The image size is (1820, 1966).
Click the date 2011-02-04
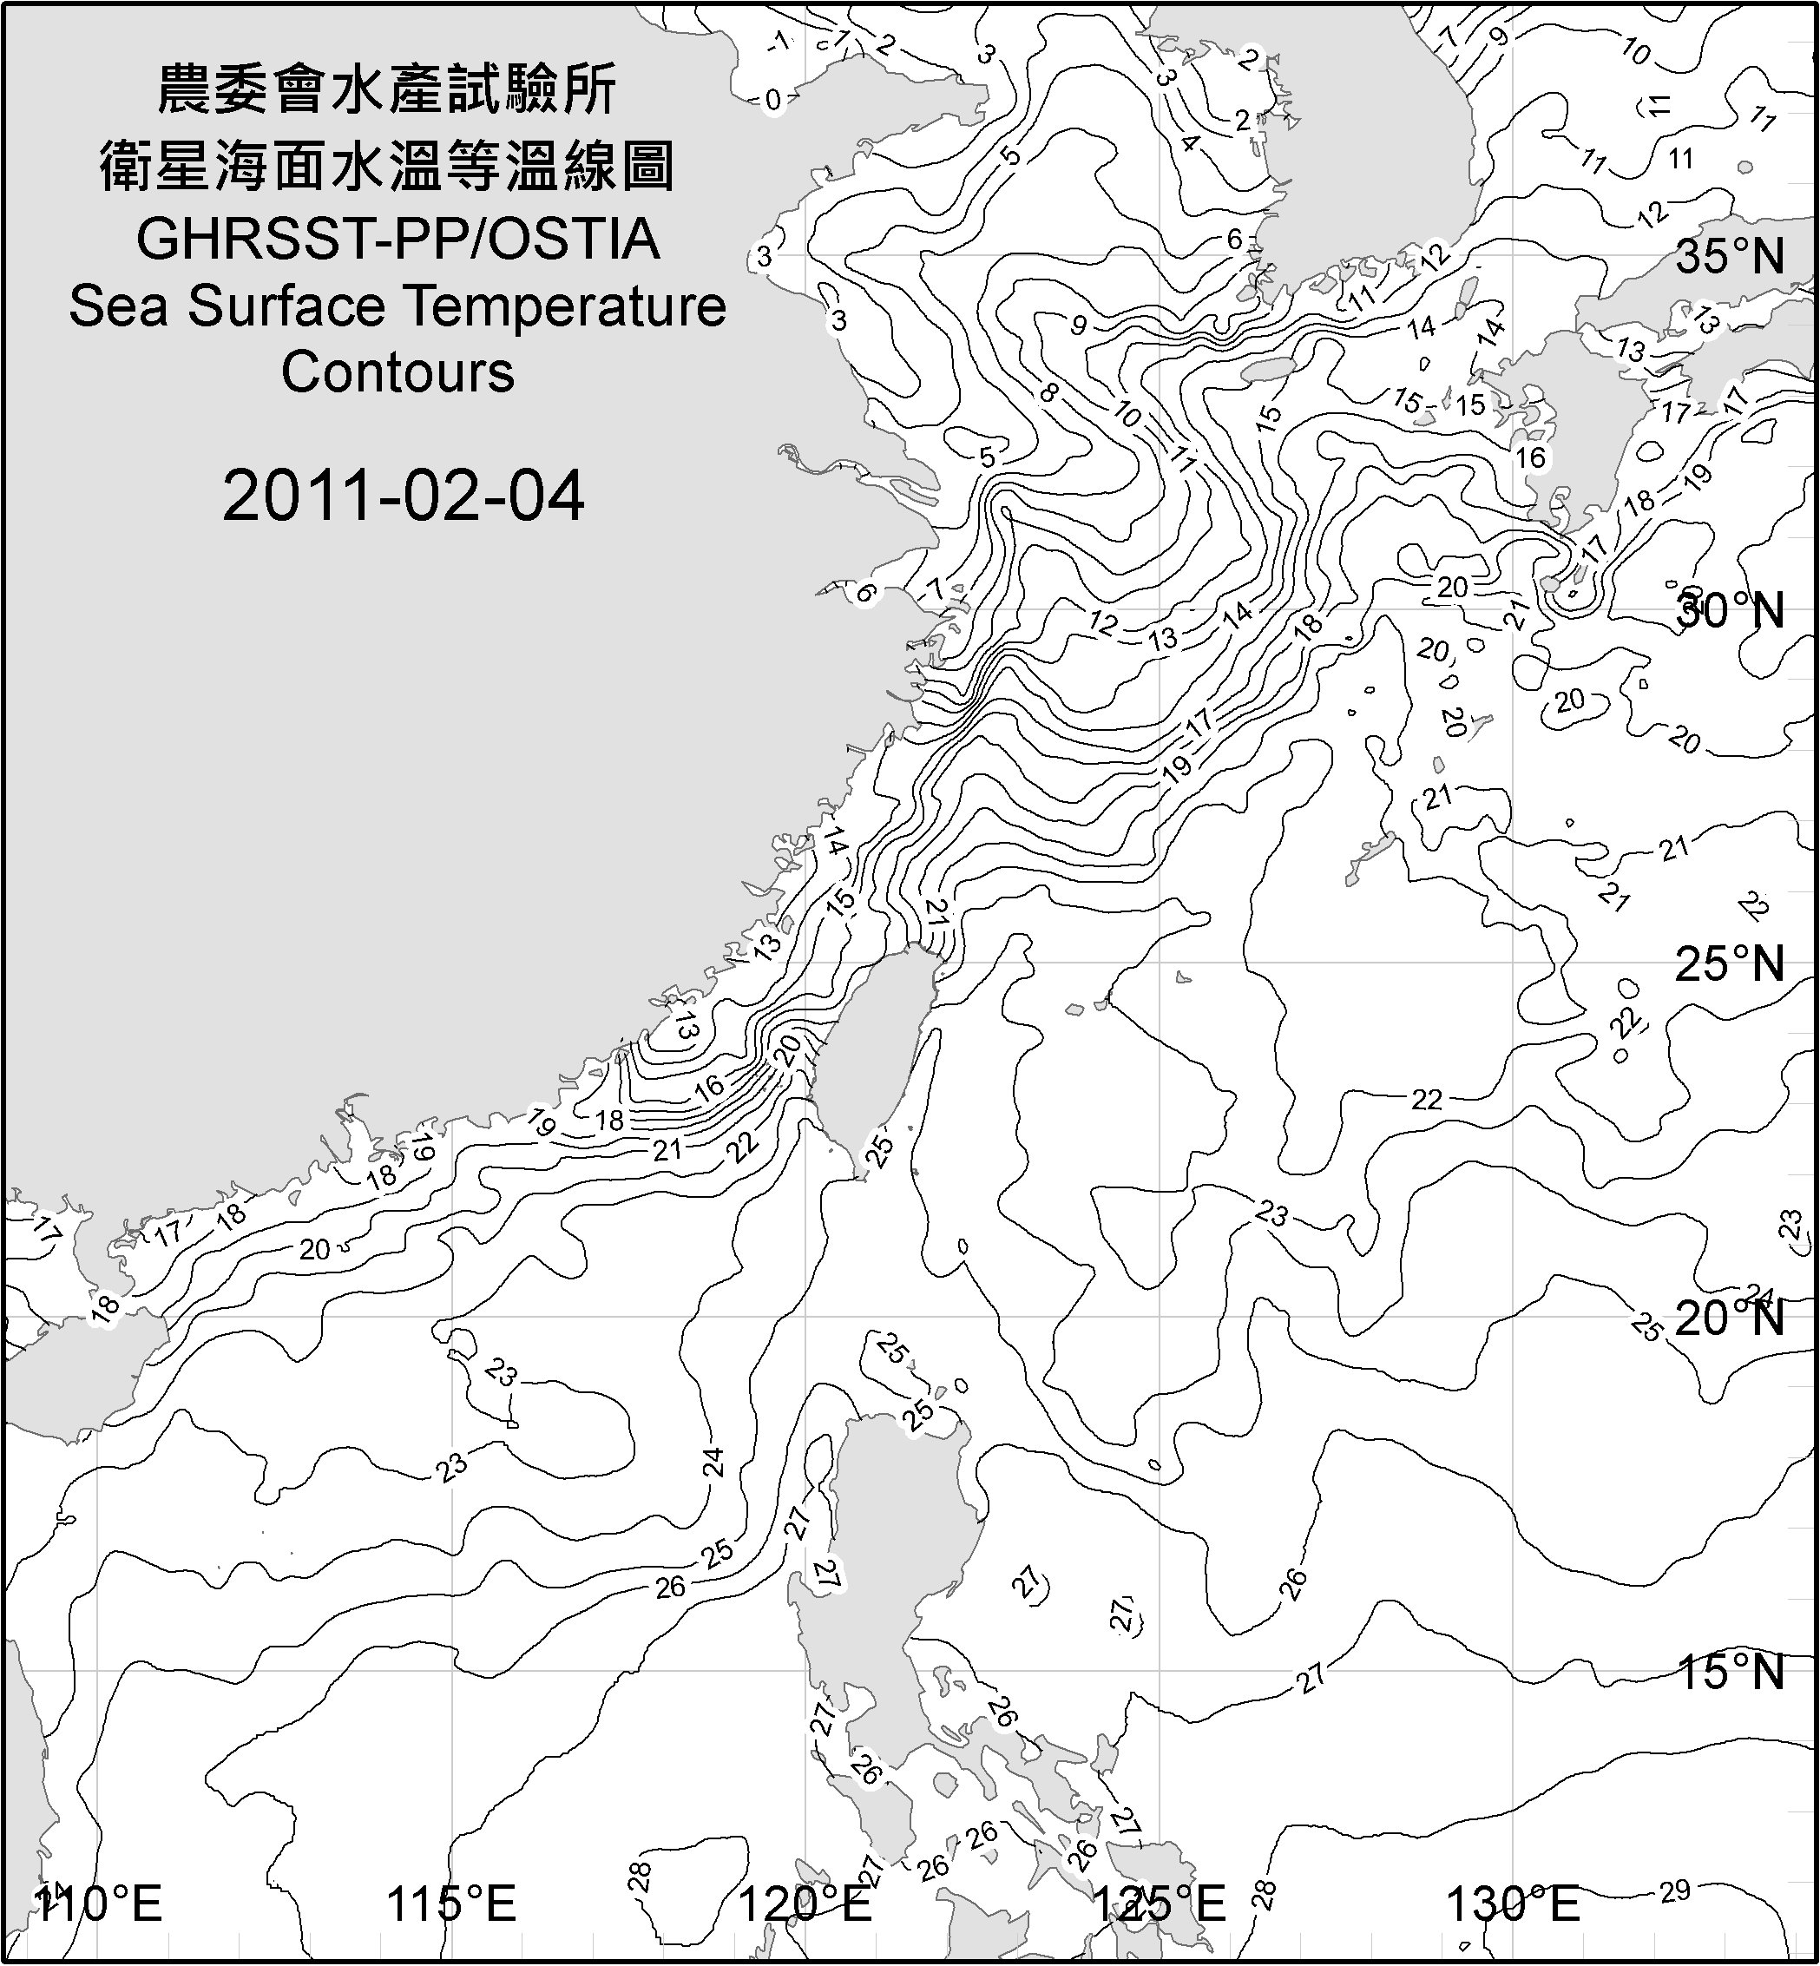point(403,496)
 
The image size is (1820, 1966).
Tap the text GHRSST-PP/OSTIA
point(398,240)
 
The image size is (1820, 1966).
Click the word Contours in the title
point(398,372)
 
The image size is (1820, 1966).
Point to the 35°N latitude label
point(1730,257)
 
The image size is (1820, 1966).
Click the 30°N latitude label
point(1730,612)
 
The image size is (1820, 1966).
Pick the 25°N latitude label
point(1730,964)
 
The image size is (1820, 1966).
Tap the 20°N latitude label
point(1730,1318)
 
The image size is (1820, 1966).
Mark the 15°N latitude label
point(1730,1672)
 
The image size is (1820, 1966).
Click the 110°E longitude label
point(98,1904)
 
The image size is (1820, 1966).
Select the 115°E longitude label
point(452,1904)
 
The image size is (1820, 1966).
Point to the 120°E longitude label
point(805,1904)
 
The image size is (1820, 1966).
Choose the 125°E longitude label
point(1160,1904)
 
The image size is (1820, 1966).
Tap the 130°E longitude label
point(1513,1904)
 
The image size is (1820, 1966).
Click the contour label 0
point(773,100)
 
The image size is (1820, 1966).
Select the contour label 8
point(1048,393)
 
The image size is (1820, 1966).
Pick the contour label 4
point(1190,144)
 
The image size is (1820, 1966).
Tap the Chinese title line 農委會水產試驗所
point(387,90)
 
